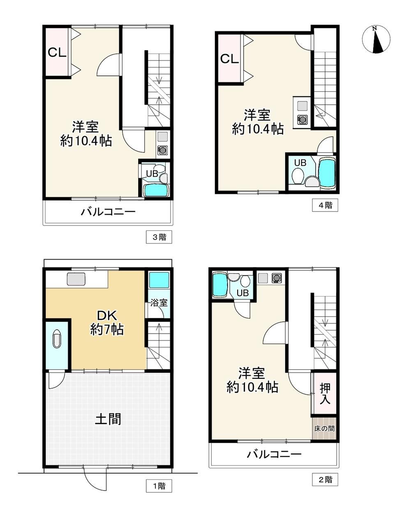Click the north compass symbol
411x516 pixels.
(376, 39)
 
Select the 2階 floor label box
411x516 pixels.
(325, 479)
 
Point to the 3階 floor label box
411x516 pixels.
(159, 237)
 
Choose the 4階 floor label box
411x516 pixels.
(325, 205)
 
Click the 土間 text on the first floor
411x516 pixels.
(108, 419)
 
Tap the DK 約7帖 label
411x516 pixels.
(107, 322)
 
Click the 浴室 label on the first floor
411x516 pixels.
(159, 303)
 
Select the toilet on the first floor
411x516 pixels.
(57, 339)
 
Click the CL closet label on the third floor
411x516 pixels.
(57, 53)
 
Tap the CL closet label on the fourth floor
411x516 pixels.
(229, 58)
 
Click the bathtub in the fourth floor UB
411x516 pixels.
(327, 172)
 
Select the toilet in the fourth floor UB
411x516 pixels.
(298, 176)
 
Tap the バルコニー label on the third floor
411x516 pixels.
(108, 212)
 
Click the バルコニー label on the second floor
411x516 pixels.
(274, 454)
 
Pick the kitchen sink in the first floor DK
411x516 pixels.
(76, 279)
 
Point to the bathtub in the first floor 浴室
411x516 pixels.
(159, 280)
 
